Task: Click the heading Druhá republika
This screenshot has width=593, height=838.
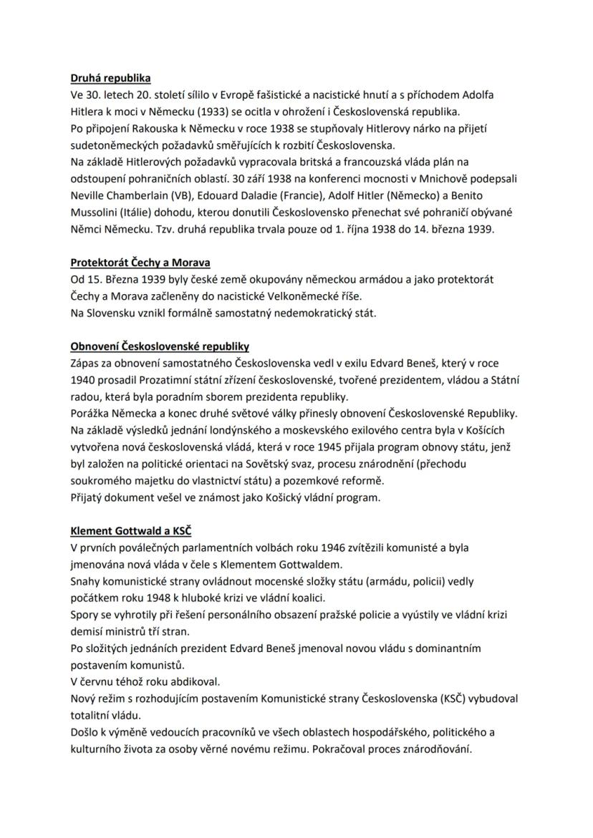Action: (110, 78)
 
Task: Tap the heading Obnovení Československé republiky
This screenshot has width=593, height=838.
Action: (160, 347)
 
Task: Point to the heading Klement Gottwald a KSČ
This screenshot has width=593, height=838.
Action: (130, 531)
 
